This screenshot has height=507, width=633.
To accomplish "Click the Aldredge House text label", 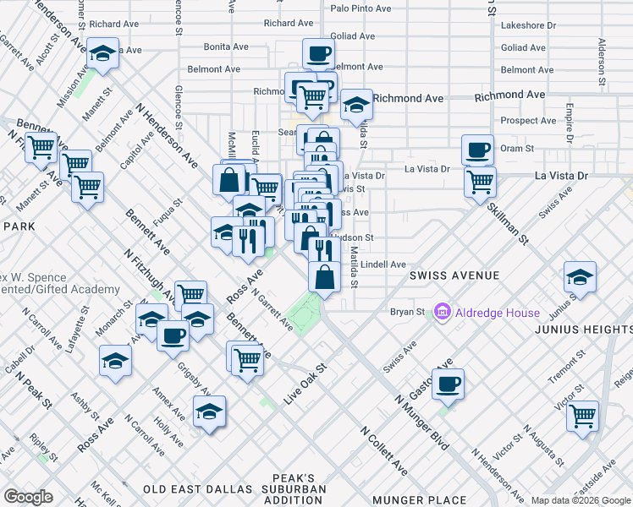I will [x=498, y=313].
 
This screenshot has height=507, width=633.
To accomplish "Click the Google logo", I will [x=28, y=497].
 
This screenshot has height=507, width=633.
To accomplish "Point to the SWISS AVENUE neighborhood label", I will [x=454, y=275].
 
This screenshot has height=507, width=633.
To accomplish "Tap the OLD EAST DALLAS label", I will [x=197, y=489].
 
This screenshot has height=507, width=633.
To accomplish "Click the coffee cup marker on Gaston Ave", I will [x=449, y=384].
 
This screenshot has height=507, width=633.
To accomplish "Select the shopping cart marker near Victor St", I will [x=583, y=415].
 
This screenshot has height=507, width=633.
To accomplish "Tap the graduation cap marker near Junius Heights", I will [x=580, y=276].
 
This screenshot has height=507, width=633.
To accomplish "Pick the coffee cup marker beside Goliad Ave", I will [x=318, y=53].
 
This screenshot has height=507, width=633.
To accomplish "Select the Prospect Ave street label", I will [x=527, y=121].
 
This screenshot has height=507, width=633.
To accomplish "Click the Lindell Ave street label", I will [x=383, y=264].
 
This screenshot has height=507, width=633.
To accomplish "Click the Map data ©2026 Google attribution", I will [x=580, y=500].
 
